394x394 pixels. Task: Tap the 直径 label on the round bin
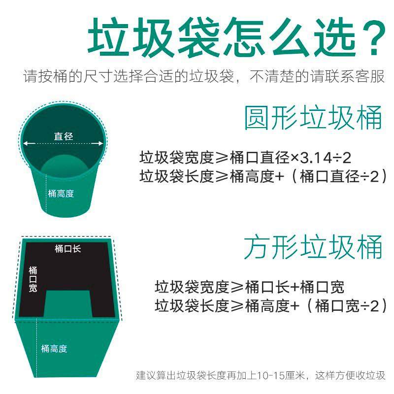click(x=63, y=136)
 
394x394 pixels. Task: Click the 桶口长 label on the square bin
click(x=67, y=249)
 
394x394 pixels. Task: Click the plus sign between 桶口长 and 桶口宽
click(x=295, y=287)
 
